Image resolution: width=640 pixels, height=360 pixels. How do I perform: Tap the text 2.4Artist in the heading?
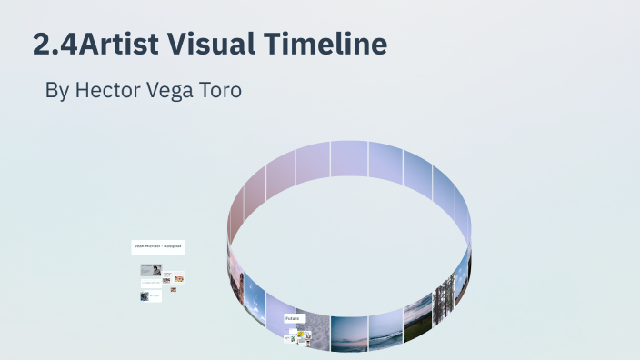tap(79, 44)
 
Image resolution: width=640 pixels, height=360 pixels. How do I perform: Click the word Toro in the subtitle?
tap(223, 92)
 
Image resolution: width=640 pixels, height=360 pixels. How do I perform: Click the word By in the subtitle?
tap(56, 92)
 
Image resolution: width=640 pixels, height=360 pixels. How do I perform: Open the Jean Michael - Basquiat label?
tap(158, 246)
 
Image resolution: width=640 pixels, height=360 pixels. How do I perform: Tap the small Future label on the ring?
tap(293, 319)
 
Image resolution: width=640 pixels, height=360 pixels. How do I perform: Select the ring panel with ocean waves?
tap(385, 329)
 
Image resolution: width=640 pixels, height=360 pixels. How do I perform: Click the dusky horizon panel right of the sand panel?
tap(349, 333)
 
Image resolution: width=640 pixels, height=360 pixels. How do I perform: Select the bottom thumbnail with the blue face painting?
tap(145, 296)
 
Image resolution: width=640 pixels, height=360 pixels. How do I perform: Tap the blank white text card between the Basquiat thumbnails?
tap(151, 283)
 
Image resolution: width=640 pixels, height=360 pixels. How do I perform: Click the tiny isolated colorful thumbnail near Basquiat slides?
tap(173, 289)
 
